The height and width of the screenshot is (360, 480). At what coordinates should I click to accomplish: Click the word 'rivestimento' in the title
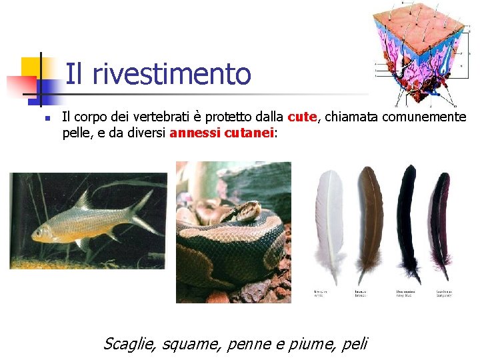pyautogui.click(x=171, y=74)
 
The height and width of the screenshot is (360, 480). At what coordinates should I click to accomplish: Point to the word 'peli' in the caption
pyautogui.click(x=353, y=344)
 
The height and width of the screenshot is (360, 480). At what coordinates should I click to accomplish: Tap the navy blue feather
pyautogui.click(x=407, y=220)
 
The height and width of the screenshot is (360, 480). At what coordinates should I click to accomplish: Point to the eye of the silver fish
pyautogui.click(x=45, y=230)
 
